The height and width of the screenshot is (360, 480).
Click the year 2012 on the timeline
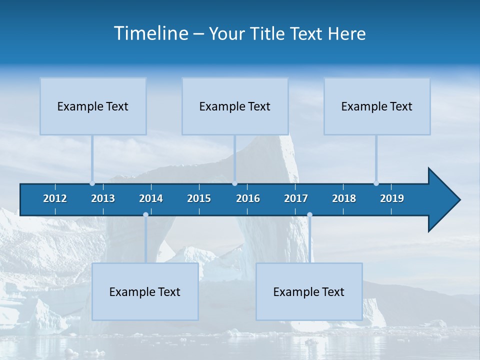(x=55, y=198)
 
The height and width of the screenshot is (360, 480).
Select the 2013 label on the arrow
(x=103, y=198)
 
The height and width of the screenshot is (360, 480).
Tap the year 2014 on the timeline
(x=151, y=198)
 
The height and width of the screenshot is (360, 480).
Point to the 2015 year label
(x=199, y=198)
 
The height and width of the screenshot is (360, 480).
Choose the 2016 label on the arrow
(x=248, y=198)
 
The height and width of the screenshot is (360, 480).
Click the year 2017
(x=296, y=198)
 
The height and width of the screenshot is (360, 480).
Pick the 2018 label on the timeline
(x=344, y=198)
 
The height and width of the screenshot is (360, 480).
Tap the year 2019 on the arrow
(x=392, y=198)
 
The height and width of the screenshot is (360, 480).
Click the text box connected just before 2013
(x=93, y=106)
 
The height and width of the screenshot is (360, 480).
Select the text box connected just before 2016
(x=235, y=106)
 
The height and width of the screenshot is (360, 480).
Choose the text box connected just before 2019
(x=377, y=106)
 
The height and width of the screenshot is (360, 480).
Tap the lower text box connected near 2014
(x=145, y=291)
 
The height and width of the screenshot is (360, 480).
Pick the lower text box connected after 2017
(x=309, y=291)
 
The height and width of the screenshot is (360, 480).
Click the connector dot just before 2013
(x=92, y=183)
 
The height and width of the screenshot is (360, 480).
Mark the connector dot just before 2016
(x=235, y=183)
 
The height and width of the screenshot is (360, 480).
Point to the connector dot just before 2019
(x=376, y=183)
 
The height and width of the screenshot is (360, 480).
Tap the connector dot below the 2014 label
(x=145, y=215)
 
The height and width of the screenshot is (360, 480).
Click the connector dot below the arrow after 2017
(x=309, y=215)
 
